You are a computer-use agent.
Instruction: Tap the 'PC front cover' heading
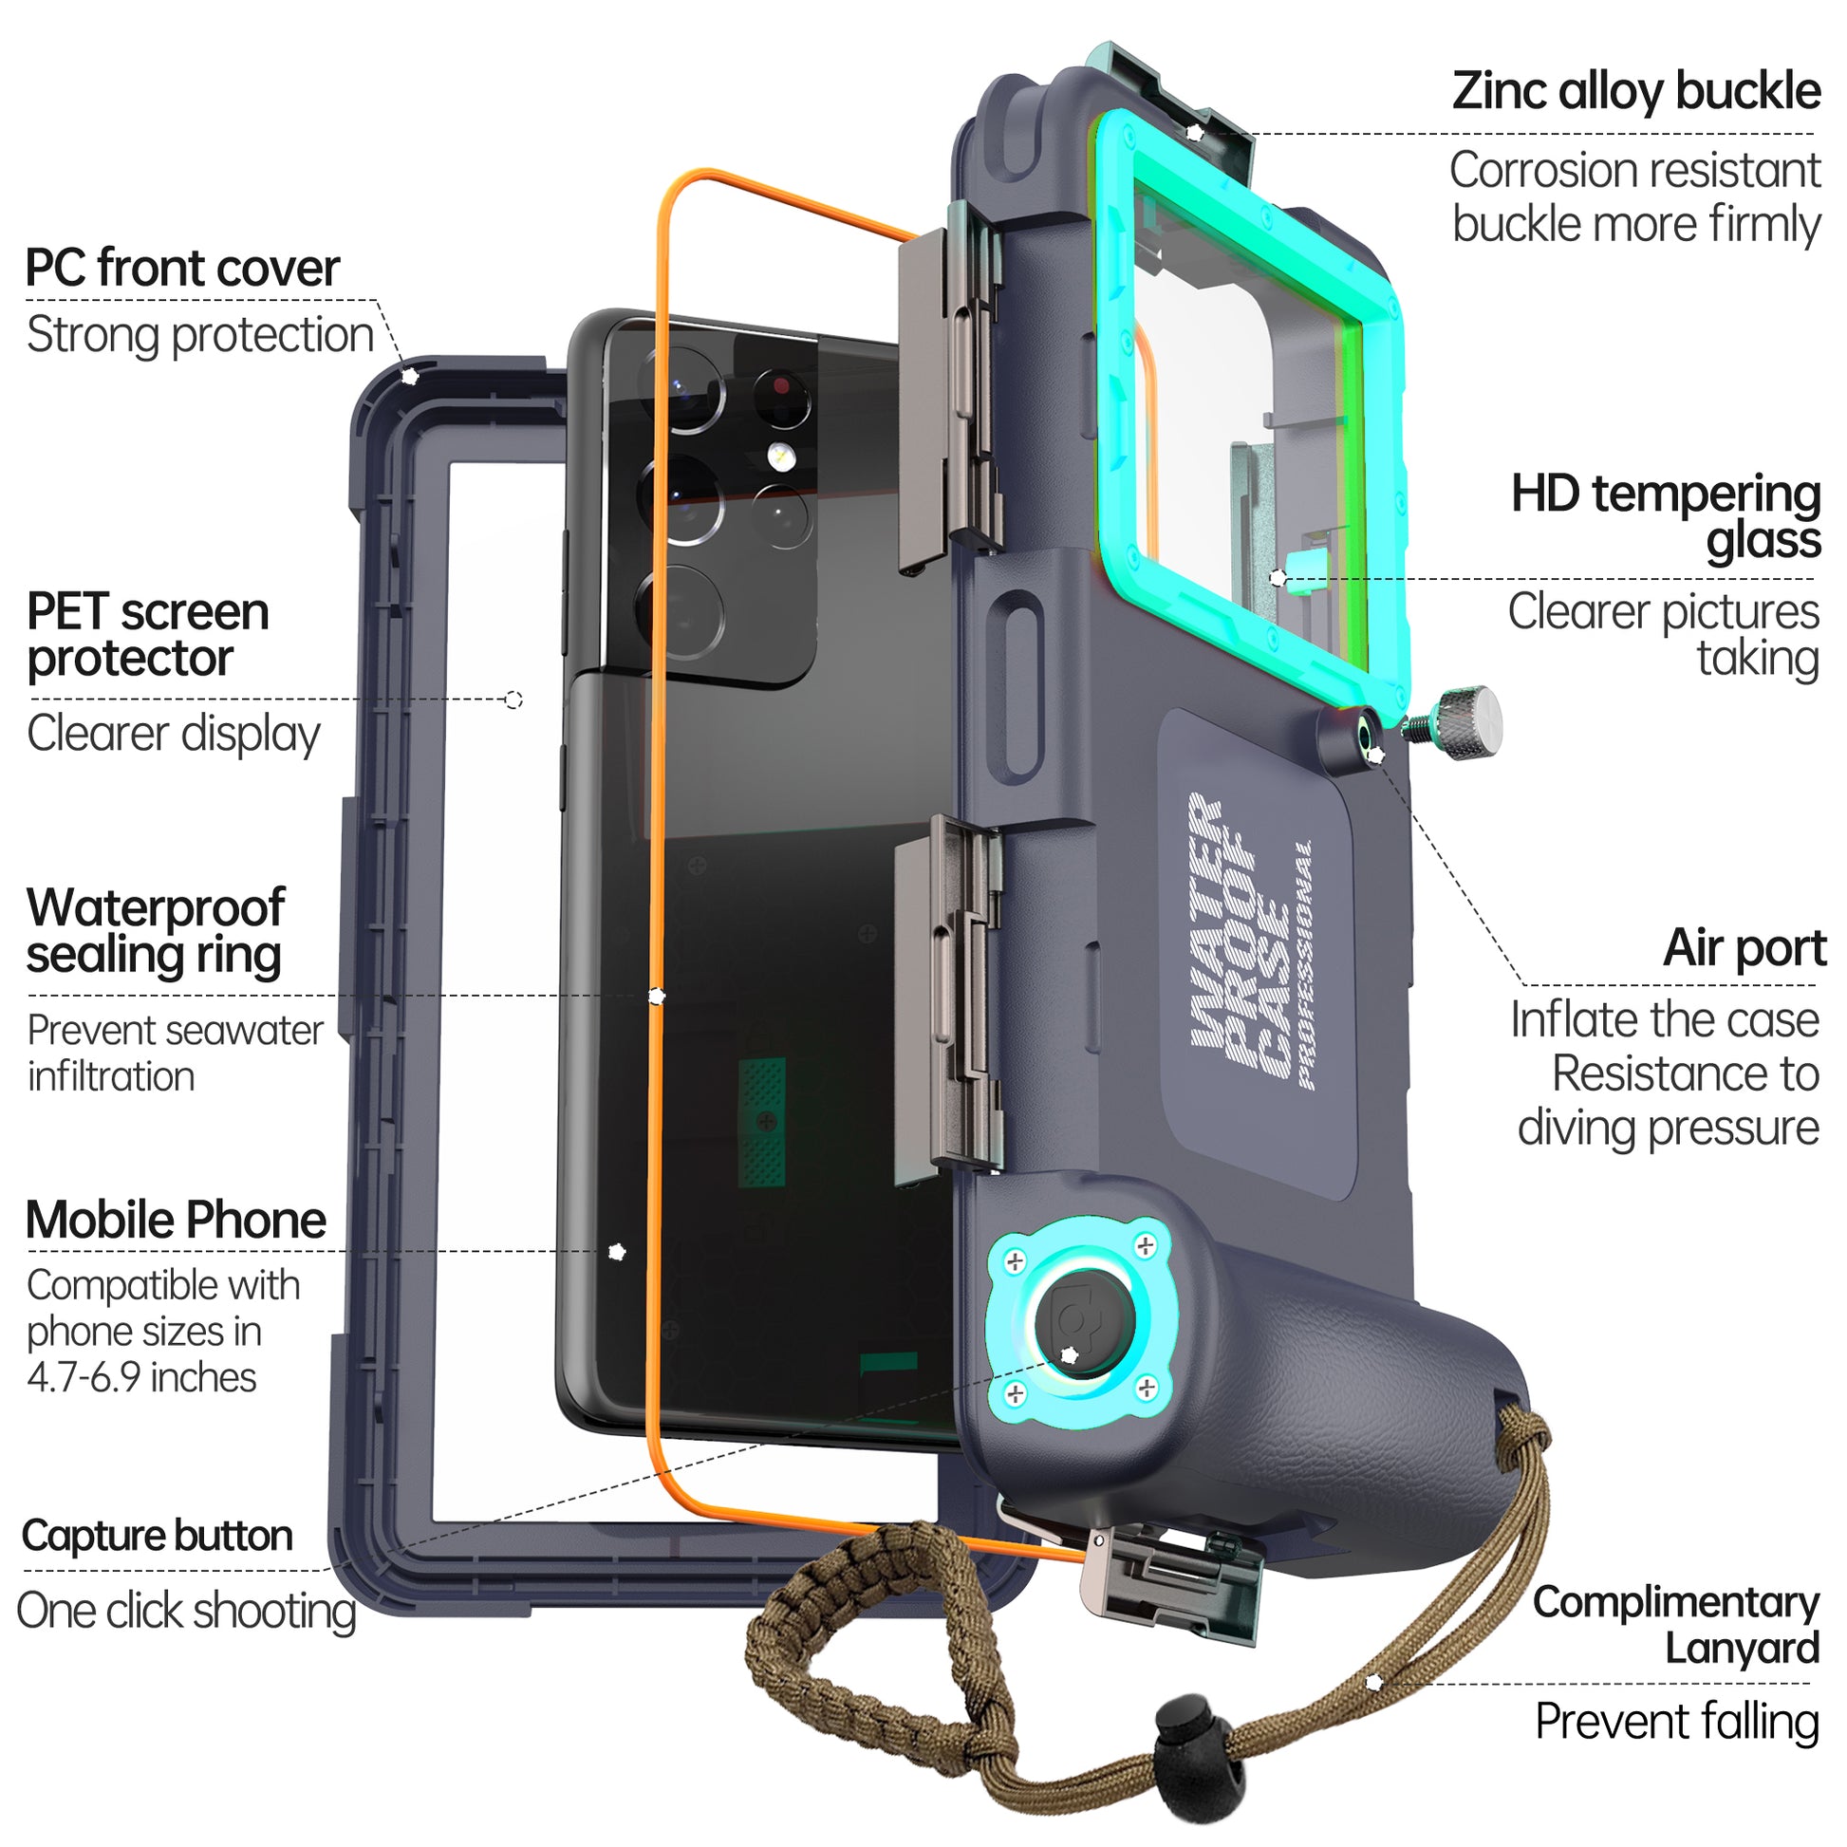181,269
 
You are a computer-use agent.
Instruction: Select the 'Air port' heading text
1744,948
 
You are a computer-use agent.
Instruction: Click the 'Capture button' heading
157,1537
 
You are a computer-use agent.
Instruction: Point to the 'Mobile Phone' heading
176,1221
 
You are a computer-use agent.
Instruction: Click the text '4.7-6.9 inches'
141,1377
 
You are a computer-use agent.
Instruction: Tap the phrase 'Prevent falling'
1677,1722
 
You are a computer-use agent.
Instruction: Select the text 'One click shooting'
186,1611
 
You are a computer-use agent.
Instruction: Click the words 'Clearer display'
173,735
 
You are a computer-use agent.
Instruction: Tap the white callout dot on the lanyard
1373,1682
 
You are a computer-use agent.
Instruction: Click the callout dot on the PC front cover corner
410,376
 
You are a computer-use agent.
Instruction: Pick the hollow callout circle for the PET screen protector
513,700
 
